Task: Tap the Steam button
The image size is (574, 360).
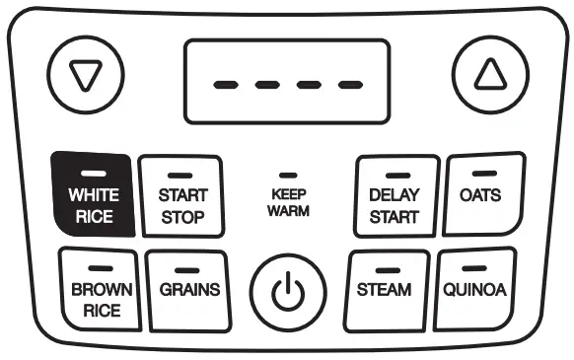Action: tap(384, 289)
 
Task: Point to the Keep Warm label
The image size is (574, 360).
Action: tap(289, 203)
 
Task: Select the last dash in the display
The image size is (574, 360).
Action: tap(349, 84)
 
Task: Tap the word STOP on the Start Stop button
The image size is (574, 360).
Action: tap(181, 215)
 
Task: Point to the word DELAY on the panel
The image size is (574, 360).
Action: tap(394, 195)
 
